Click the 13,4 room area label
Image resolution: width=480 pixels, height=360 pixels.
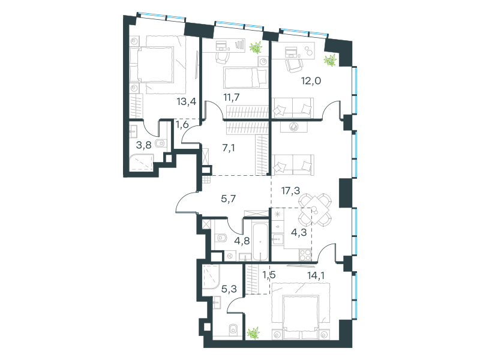pos(187,101)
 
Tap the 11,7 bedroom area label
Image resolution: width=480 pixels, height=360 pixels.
pos(232,97)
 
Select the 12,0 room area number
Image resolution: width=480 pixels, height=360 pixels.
pos(311,81)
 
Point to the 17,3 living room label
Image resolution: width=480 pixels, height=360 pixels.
pos(290,191)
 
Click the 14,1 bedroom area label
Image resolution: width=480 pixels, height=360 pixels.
pos(316,275)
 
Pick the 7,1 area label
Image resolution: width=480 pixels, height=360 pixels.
pos(229,148)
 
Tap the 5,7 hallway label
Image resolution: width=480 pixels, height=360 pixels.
pos(229,199)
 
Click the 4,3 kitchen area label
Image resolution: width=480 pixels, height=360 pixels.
pos(299,233)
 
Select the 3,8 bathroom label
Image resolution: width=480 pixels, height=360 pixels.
pos(143,145)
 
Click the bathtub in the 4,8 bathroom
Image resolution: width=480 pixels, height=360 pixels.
pos(260,242)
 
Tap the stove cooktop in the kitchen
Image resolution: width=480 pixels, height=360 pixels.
pos(305,255)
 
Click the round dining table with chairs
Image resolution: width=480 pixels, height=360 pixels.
pos(315,209)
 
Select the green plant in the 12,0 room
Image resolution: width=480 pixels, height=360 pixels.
pos(330,59)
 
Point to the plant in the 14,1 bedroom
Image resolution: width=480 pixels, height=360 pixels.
pos(253,333)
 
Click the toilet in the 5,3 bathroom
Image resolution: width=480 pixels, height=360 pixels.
pos(233,329)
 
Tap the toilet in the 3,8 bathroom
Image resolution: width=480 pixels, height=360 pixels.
pos(161,143)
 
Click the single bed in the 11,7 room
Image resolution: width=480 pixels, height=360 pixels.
pos(245,77)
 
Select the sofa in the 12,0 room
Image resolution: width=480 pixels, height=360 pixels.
pos(293,108)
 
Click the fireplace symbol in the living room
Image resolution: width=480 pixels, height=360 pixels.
pos(293,127)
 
